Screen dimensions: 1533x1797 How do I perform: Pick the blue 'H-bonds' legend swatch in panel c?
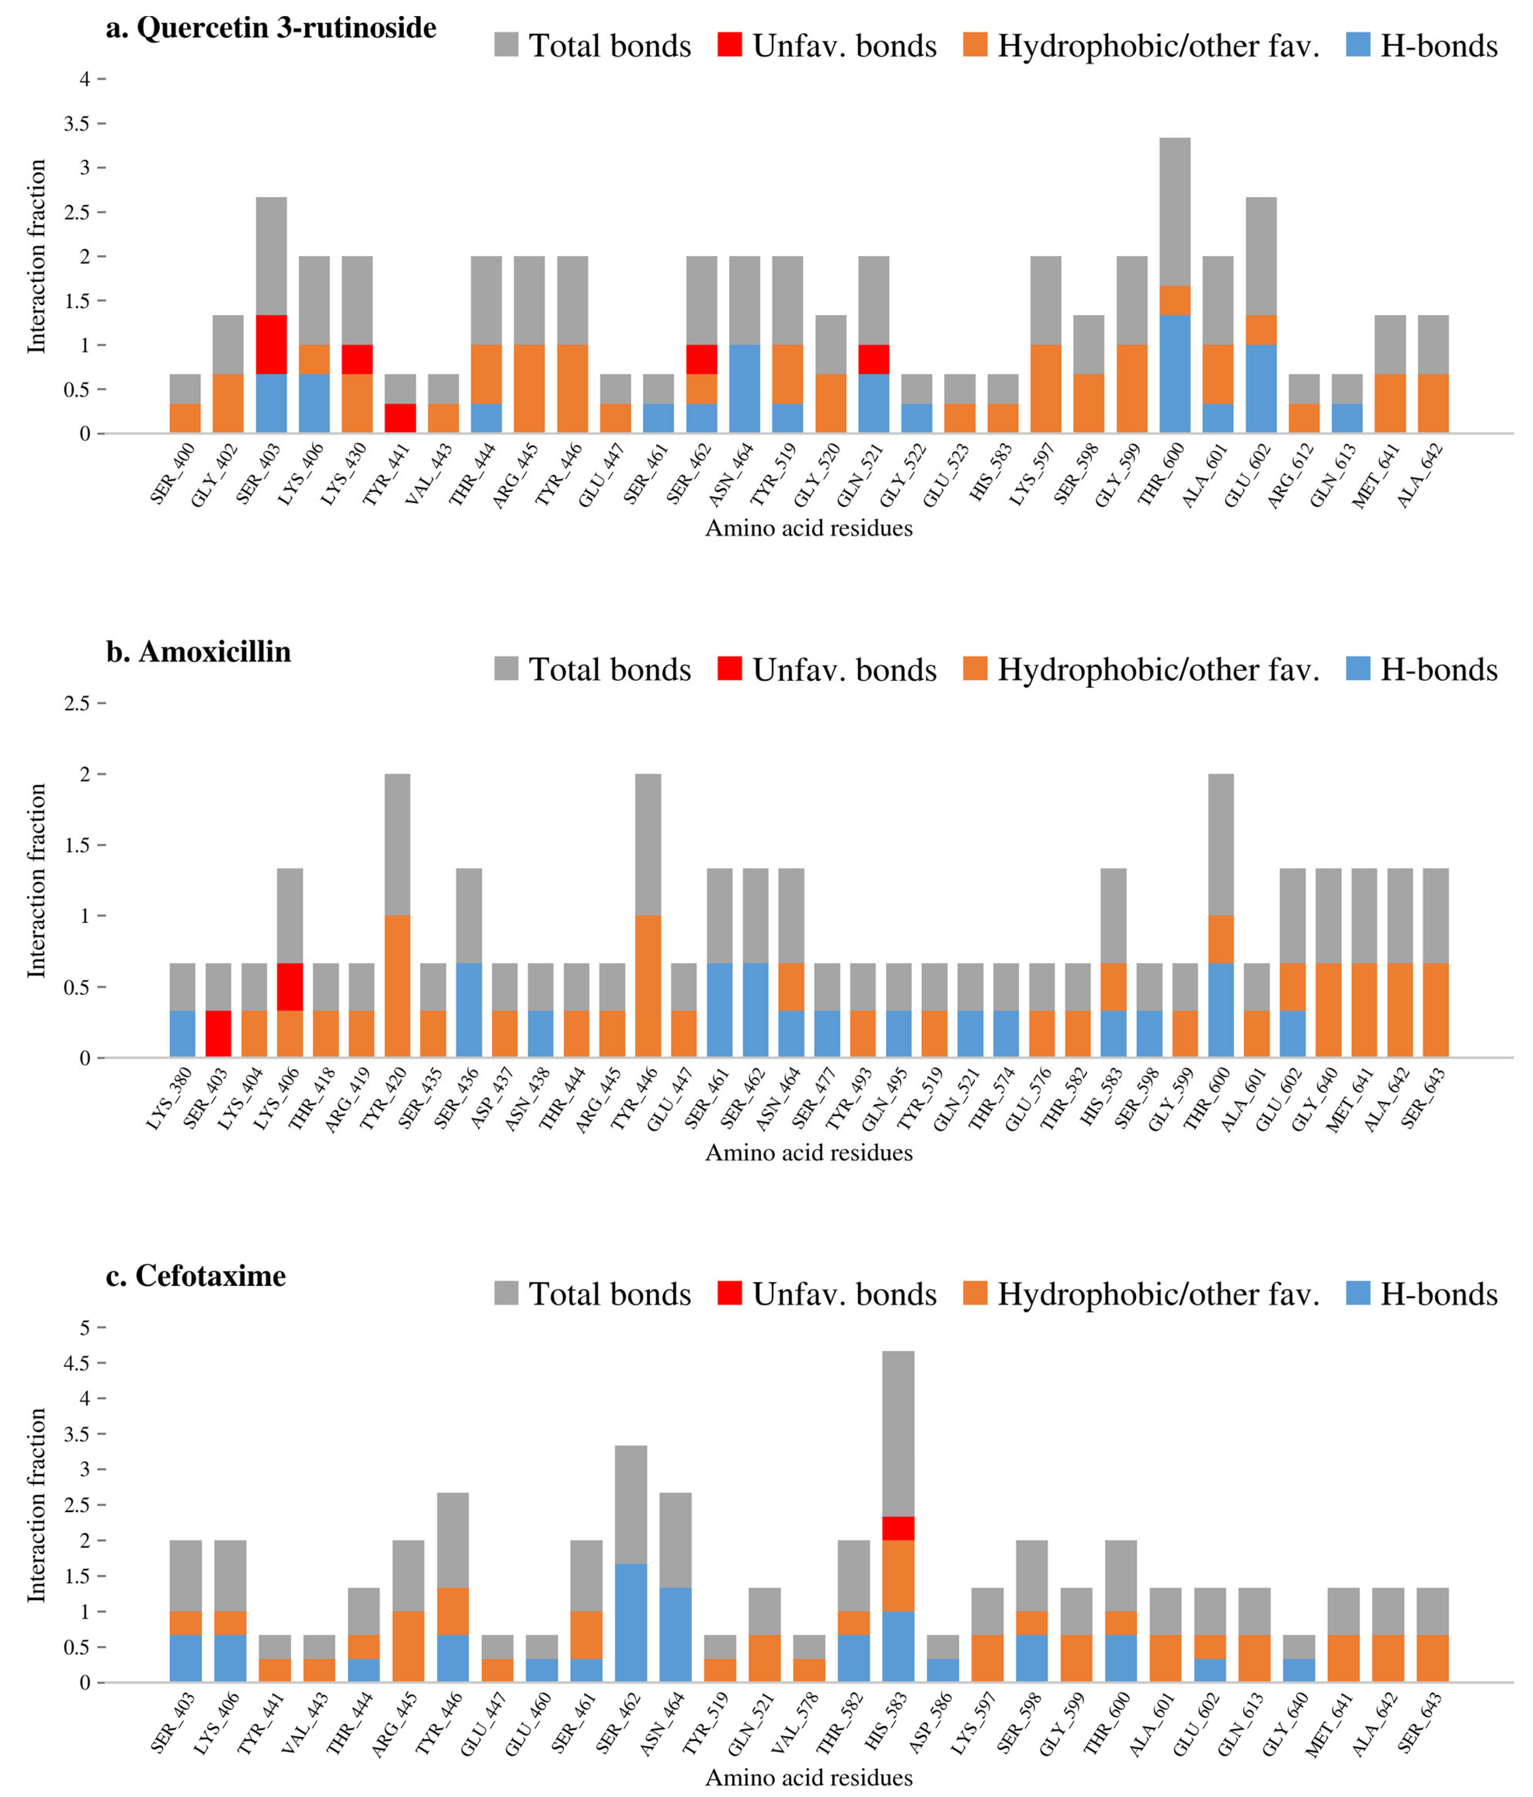pos(1359,1293)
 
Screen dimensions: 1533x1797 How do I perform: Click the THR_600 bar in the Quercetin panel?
pos(1175,285)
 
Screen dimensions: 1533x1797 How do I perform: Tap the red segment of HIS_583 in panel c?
pos(898,1528)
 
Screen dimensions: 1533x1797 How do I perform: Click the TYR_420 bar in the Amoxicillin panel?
pos(397,916)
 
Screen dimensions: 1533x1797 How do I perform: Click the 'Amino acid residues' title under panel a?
pos(809,528)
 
